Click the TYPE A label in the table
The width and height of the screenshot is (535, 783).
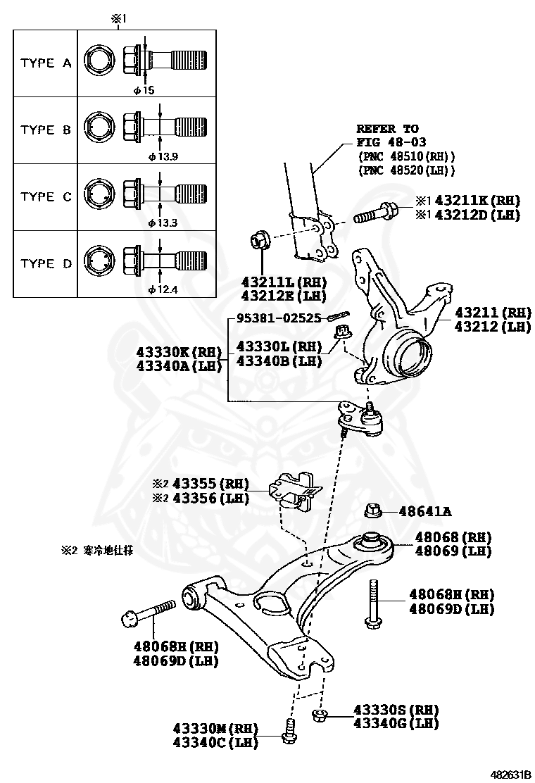coord(46,63)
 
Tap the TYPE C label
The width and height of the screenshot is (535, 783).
coord(46,197)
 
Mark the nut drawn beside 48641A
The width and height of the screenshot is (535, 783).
coord(373,511)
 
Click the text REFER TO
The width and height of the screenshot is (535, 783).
coord(386,129)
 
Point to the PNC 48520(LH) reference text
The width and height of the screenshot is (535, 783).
coord(406,170)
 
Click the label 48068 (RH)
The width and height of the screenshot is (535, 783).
coord(453,537)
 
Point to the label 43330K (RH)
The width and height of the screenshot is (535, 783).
coord(179,351)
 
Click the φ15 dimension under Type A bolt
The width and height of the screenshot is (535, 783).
coord(144,89)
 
